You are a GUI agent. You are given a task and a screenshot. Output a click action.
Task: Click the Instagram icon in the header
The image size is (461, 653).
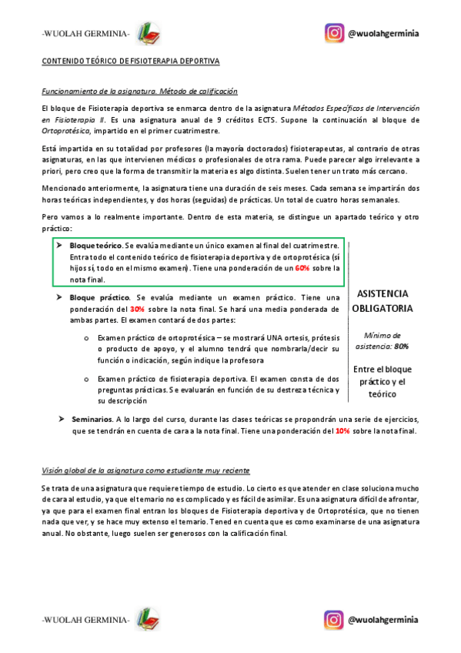(x=333, y=34)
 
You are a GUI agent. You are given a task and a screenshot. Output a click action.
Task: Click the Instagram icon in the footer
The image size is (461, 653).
(x=333, y=619)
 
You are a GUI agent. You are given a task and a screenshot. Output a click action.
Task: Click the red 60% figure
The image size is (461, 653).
(x=302, y=268)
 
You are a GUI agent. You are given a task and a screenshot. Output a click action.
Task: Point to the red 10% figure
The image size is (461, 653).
(x=342, y=430)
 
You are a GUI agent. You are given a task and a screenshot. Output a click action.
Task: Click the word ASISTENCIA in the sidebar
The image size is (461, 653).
(x=382, y=293)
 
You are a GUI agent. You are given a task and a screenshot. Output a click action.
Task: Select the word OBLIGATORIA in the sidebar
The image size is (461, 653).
(x=382, y=308)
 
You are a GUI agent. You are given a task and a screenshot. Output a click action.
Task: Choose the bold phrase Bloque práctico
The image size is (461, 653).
(x=99, y=297)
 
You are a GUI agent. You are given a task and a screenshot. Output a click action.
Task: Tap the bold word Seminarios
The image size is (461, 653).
(x=92, y=419)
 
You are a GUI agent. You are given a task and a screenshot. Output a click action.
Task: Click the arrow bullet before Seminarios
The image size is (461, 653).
(x=61, y=419)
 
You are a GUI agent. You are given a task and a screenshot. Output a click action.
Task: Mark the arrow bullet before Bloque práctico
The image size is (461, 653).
(x=59, y=297)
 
